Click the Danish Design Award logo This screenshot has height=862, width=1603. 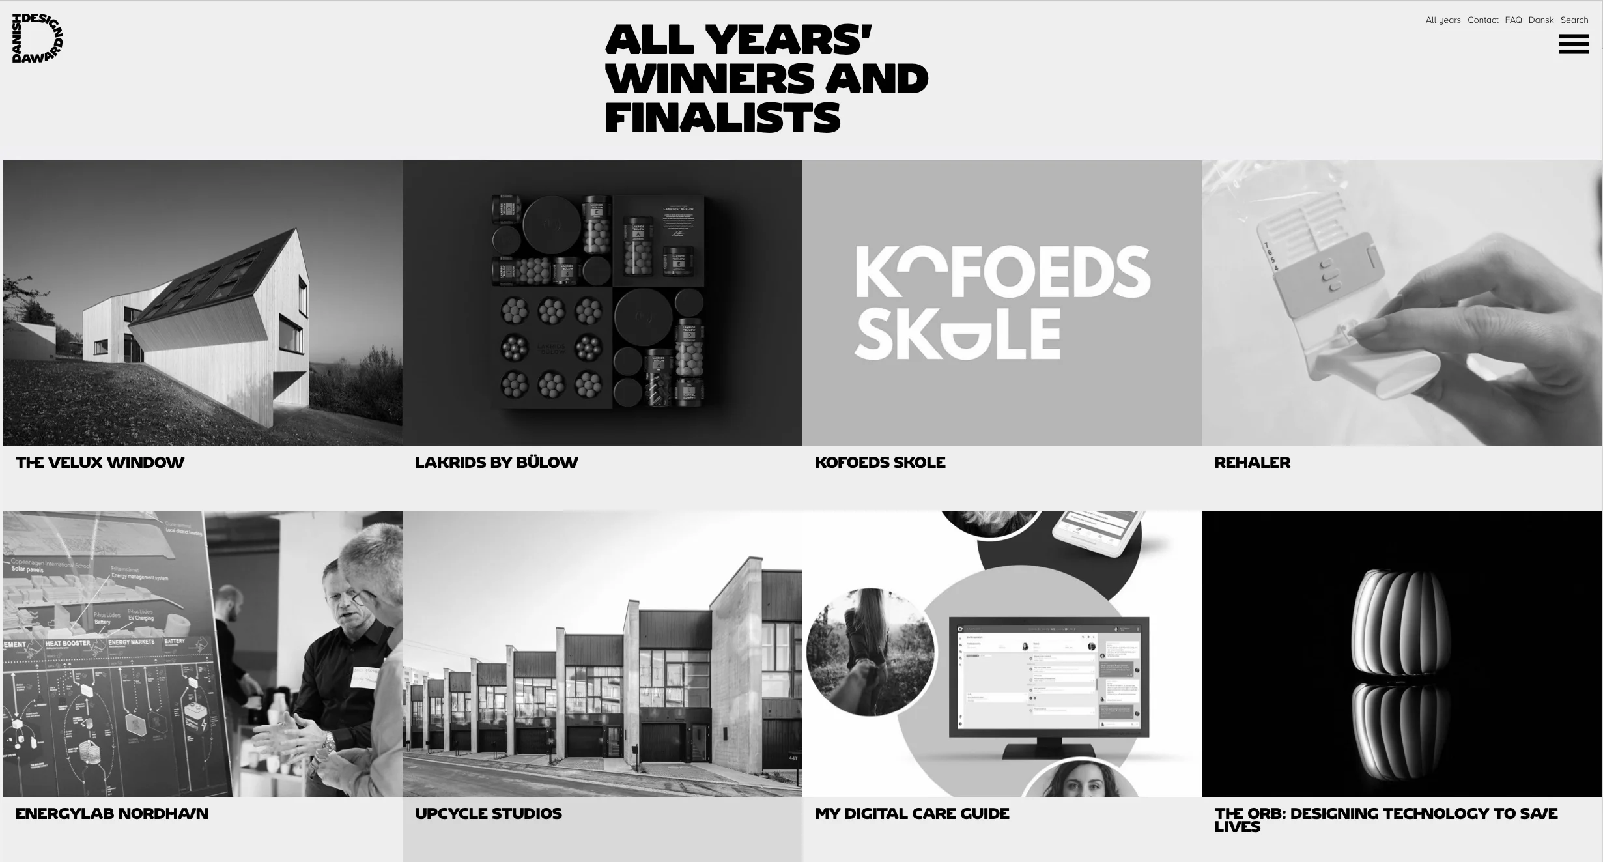tap(37, 38)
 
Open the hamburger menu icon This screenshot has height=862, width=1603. tap(1573, 44)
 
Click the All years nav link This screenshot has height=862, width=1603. tap(1443, 20)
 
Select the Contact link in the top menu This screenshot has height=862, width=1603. tap(1482, 20)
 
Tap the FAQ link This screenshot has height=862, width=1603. tap(1513, 20)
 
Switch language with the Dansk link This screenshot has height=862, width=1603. tap(1541, 20)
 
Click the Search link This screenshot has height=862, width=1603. tap(1574, 20)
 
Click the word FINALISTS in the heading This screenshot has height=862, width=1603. tap(723, 118)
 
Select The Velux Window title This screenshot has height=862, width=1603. tap(100, 463)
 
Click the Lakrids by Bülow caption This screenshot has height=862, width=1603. tap(496, 463)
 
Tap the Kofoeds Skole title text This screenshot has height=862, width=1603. tap(880, 463)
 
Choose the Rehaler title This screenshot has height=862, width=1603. tap(1252, 463)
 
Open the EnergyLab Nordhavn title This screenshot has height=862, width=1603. tap(112, 814)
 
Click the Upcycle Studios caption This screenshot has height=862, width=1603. tap(488, 814)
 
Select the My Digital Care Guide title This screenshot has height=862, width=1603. tap(912, 814)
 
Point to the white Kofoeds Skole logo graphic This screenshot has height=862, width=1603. tap(1002, 302)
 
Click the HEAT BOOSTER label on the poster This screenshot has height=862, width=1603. tap(68, 644)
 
